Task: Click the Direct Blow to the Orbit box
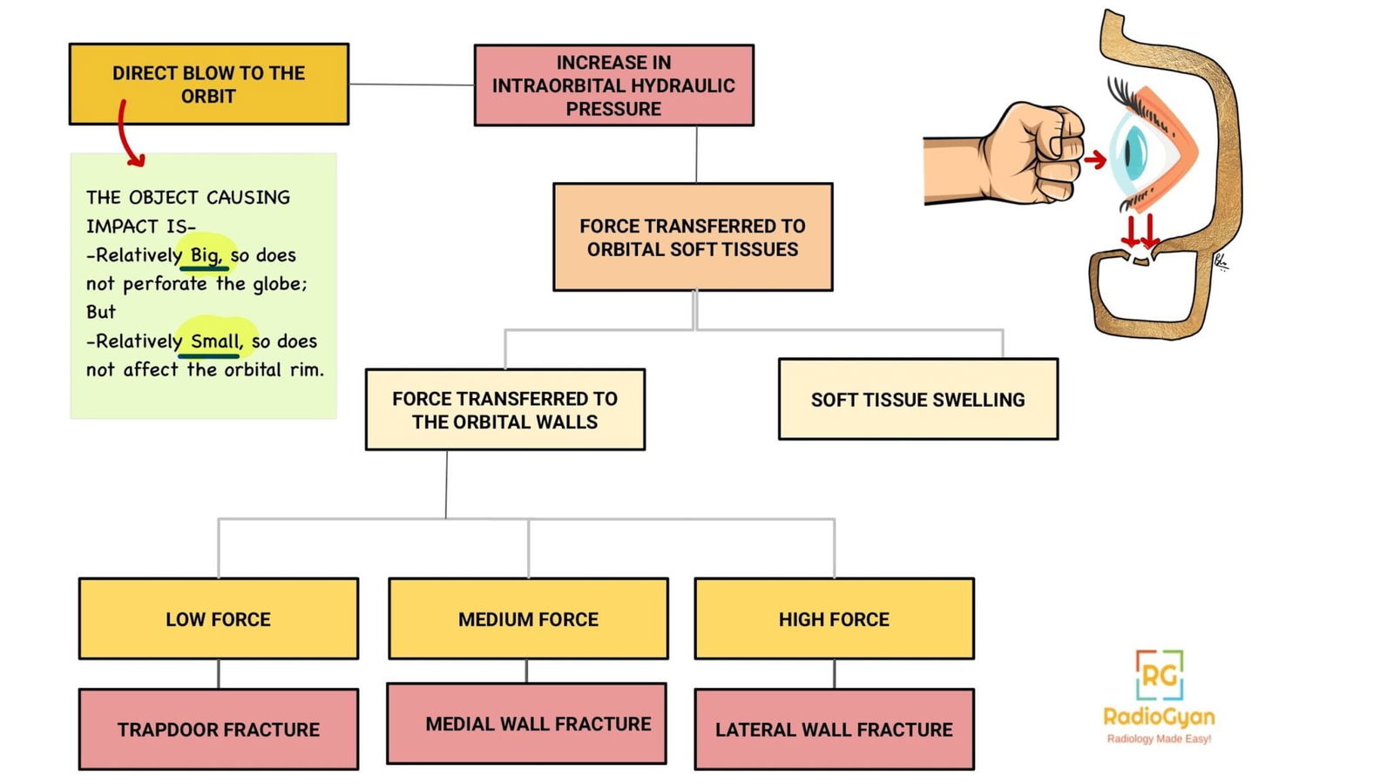209,84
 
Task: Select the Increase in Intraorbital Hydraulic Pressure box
613,85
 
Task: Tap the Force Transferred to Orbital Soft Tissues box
693,237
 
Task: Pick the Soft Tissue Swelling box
917,399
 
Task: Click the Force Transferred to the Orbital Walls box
504,409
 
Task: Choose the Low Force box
218,618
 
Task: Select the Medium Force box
528,618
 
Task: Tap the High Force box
834,618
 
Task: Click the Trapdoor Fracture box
218,729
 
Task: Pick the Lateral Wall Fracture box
834,729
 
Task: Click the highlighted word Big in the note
206,254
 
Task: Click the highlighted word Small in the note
214,341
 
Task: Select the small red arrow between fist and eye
1095,159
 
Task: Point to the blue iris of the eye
1134,150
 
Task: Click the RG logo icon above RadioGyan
1160,675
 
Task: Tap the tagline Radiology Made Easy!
1159,739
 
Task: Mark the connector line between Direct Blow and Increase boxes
411,84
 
